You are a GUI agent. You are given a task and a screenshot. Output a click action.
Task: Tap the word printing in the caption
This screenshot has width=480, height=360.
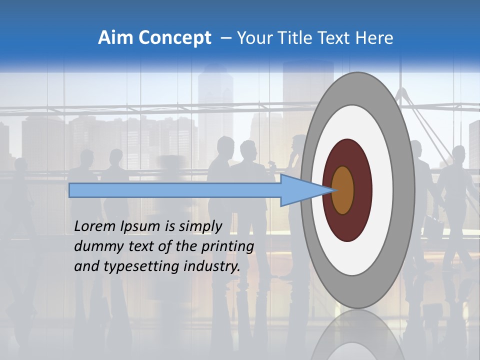tap(227, 246)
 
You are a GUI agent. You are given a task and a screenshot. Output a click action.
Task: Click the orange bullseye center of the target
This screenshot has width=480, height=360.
tap(343, 190)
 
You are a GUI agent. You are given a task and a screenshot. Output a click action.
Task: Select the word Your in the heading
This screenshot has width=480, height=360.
tap(253, 38)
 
